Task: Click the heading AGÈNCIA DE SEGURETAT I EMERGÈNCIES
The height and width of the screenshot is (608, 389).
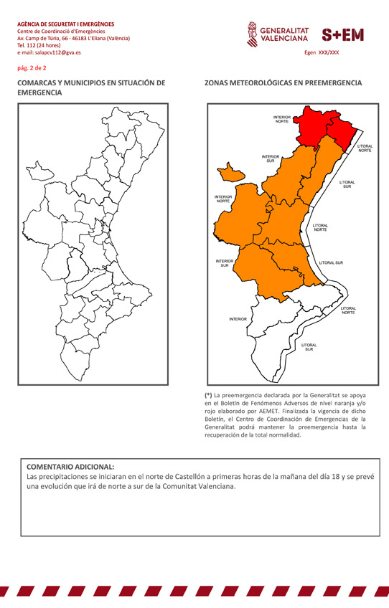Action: coord(65,24)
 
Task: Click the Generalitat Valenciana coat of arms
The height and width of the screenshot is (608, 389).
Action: coord(251,33)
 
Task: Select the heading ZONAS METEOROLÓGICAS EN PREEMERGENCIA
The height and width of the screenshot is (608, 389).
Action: coord(283,83)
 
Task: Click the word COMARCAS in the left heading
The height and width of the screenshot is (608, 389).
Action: coord(41,83)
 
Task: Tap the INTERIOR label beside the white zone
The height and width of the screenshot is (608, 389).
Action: coord(238,319)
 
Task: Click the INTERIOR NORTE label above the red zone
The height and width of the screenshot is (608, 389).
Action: coord(281,119)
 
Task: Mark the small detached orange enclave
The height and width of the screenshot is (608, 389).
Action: coord(231,172)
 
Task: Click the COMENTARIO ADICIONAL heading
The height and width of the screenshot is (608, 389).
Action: coord(70,465)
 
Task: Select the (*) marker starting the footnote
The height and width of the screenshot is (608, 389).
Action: coord(208,395)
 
